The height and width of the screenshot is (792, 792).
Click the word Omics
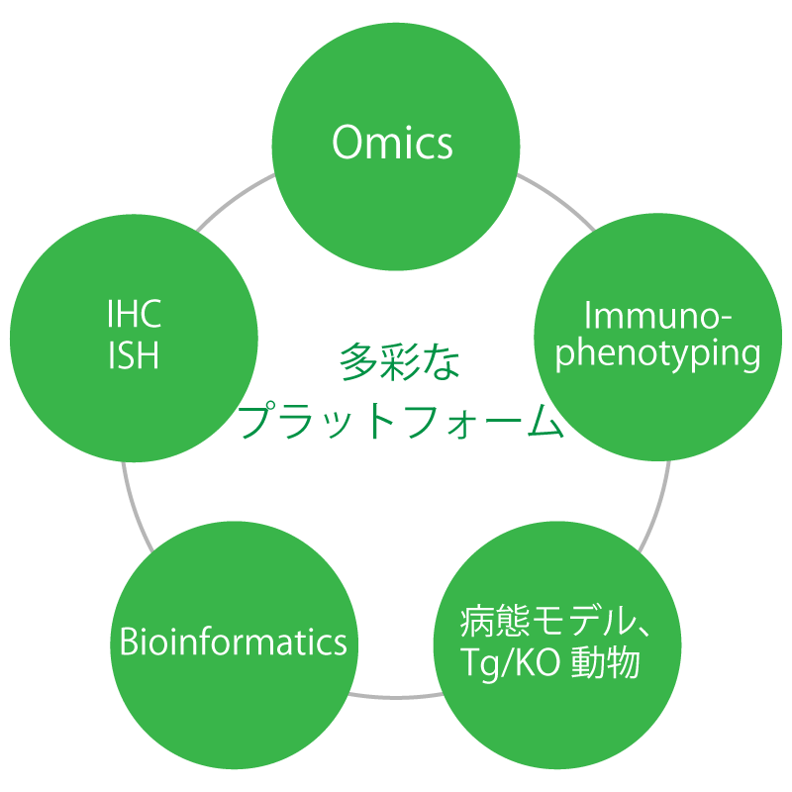point(393,145)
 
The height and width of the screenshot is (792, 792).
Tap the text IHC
point(134,316)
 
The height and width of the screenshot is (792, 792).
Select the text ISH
point(134,355)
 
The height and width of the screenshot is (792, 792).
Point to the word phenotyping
point(658,354)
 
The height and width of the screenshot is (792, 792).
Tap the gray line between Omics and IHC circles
point(235,199)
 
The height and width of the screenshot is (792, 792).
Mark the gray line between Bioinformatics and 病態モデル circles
point(396,692)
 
